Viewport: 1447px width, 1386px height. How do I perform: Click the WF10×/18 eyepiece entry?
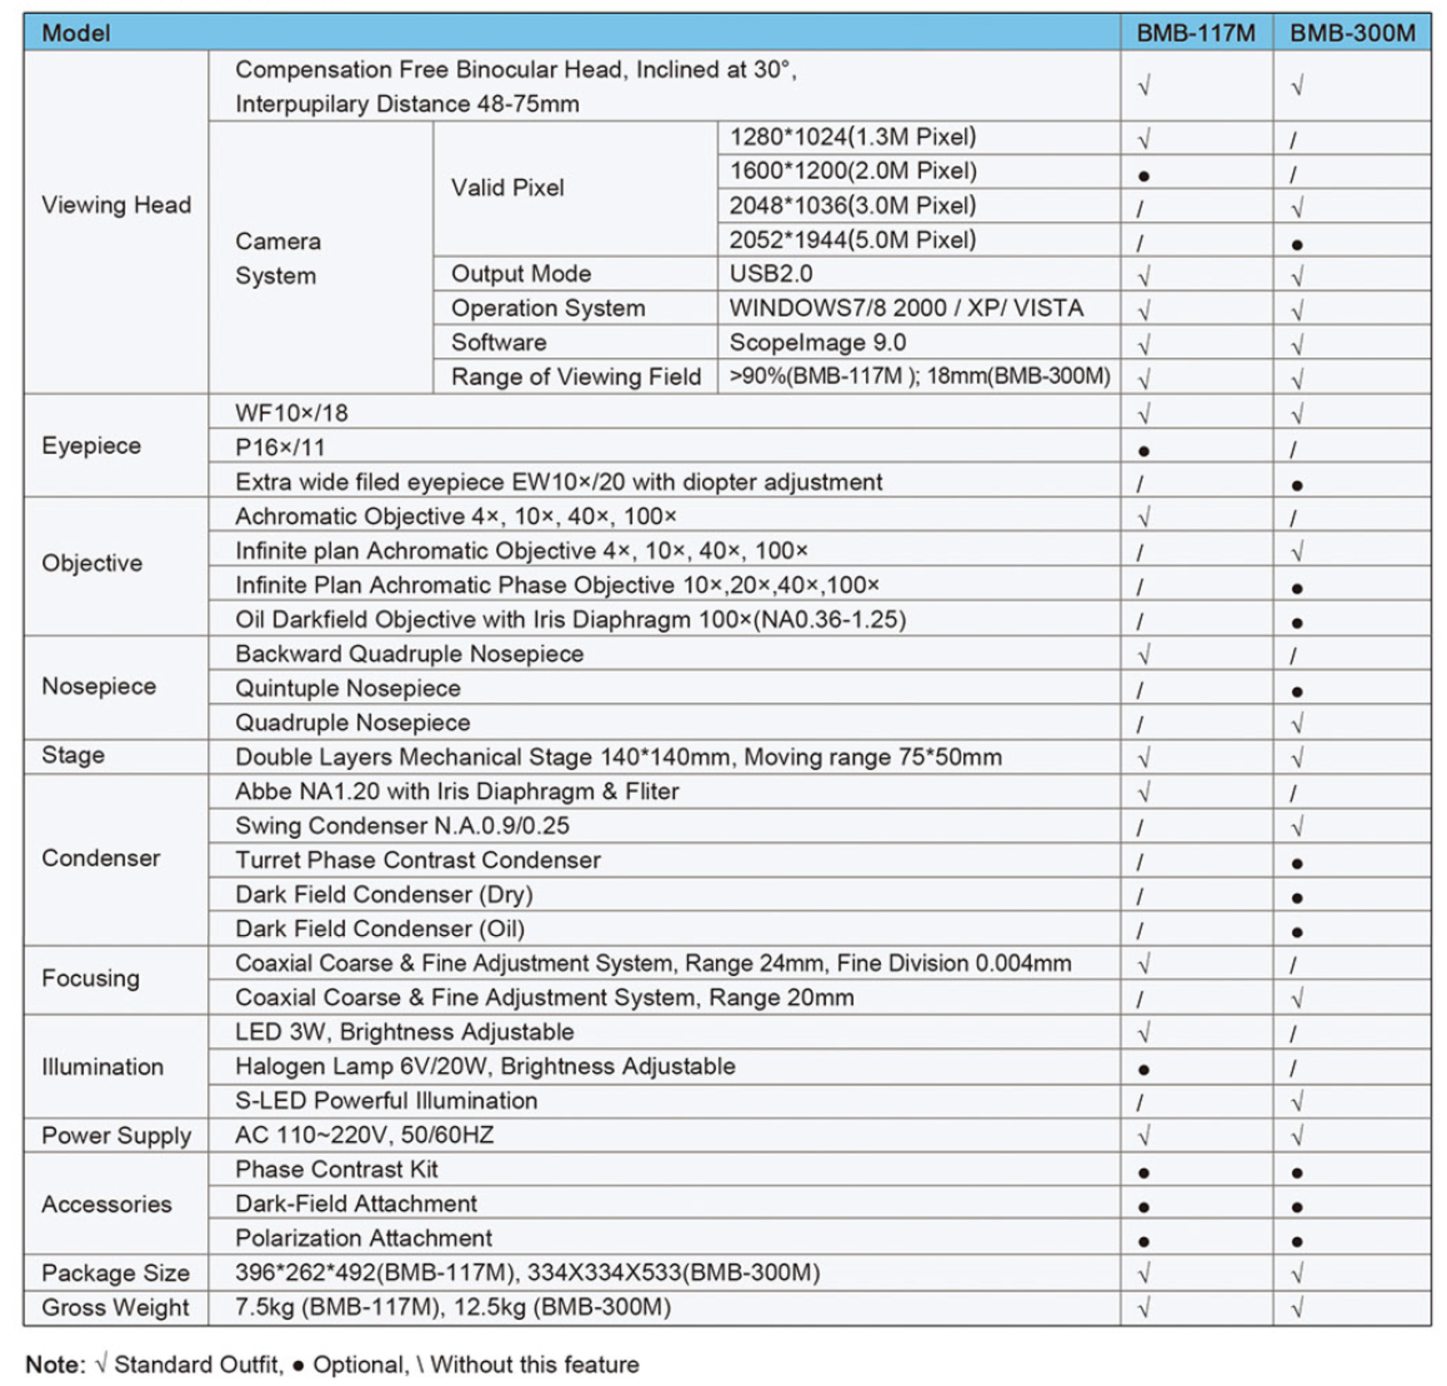coord(291,413)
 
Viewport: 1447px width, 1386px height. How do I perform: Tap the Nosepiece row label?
coord(99,686)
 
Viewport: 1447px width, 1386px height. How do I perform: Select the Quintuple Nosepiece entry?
coord(348,688)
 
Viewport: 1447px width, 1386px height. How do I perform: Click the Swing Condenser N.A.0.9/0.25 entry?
coord(402,825)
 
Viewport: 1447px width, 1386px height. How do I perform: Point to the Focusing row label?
coord(91,978)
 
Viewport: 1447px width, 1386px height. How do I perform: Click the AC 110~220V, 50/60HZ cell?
coord(365,1135)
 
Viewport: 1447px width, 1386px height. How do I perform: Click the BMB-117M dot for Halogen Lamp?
coord(1144,1069)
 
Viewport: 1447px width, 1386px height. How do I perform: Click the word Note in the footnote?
coord(55,1365)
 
